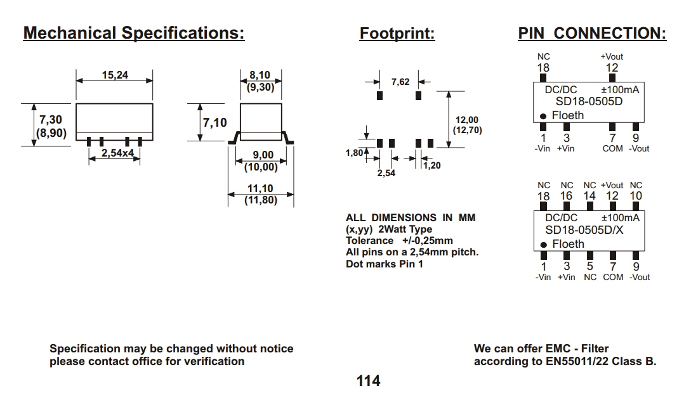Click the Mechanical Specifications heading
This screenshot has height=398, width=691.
pos(133,33)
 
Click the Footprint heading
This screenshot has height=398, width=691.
pos(397,34)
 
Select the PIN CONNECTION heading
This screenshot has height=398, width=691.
pos(592,34)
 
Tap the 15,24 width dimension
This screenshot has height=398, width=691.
pos(115,75)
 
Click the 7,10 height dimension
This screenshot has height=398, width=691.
pos(214,122)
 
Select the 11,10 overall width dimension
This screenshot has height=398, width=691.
pos(260,188)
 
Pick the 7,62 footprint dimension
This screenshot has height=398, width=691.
pos(400,82)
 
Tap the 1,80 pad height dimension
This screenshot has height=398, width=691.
pos(354,152)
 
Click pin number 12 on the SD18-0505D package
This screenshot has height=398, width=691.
pos(612,68)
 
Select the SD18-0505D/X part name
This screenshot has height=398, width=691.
pos(584,230)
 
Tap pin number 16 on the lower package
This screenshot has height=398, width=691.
pos(567,196)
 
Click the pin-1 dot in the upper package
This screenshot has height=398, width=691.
pos(544,116)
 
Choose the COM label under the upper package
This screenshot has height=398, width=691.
pos(612,149)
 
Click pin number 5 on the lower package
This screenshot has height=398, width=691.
pos(590,267)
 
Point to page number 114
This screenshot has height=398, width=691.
pos(368,381)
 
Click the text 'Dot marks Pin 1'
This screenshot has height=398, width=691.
pos(385,264)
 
